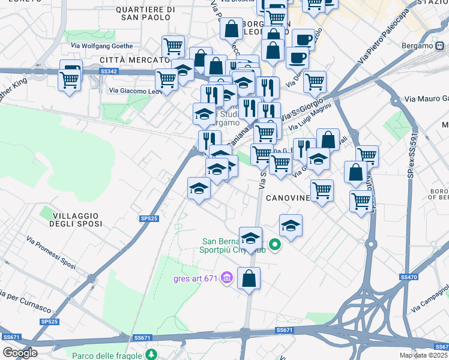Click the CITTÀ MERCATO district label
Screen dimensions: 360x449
click(134, 60)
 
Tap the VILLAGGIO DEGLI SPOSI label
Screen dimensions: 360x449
click(76, 219)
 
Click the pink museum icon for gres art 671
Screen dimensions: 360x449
click(226, 277)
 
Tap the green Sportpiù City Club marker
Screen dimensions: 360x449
click(275, 244)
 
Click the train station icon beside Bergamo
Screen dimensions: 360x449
click(442, 46)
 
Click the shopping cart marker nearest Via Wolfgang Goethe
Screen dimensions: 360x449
click(173, 46)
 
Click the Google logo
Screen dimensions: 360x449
click(20, 353)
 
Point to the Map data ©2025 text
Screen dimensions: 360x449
click(423, 355)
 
